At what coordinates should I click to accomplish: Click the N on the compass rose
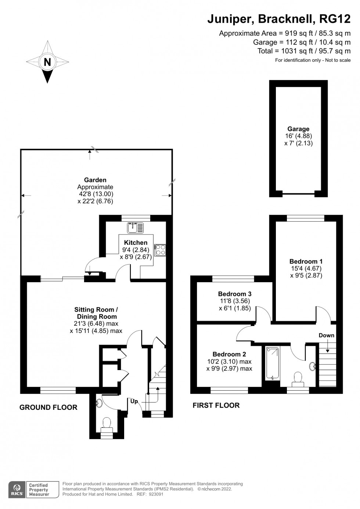(47, 62)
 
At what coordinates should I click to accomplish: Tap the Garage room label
(298, 129)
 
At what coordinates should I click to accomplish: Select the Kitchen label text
(136, 243)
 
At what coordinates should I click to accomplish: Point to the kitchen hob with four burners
(160, 250)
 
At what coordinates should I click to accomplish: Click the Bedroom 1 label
(306, 262)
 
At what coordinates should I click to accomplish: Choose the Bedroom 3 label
(235, 294)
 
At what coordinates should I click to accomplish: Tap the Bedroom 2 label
(229, 354)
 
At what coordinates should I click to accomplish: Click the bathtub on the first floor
(272, 363)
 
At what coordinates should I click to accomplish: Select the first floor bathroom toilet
(298, 379)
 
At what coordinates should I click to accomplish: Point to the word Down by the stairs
(327, 335)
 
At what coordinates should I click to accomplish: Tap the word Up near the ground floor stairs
(134, 401)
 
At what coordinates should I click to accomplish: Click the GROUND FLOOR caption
(48, 407)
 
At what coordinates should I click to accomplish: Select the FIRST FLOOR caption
(216, 405)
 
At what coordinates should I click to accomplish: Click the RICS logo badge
(17, 490)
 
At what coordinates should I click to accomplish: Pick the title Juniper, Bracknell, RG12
(279, 19)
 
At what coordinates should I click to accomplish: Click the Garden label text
(95, 180)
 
